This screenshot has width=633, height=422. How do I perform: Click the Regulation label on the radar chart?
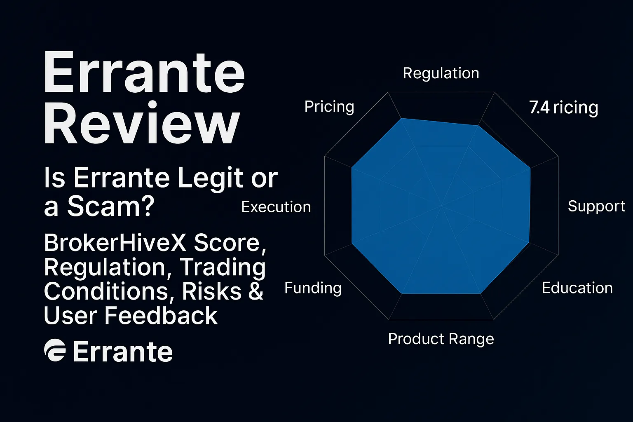pyautogui.click(x=441, y=73)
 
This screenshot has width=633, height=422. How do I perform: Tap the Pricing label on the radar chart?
pyautogui.click(x=329, y=107)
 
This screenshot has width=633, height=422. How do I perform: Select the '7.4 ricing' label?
pyautogui.click(x=563, y=108)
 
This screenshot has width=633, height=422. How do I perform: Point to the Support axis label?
pyautogui.click(x=596, y=206)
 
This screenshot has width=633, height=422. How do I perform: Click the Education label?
pyautogui.click(x=577, y=288)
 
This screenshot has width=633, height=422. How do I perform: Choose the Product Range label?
pyautogui.click(x=441, y=339)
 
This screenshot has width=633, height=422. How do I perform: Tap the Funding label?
pyautogui.click(x=313, y=288)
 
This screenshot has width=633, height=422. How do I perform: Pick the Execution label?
pyautogui.click(x=276, y=207)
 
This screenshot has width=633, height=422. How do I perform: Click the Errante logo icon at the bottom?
pyautogui.click(x=55, y=351)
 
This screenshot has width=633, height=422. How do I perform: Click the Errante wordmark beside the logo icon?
pyautogui.click(x=122, y=352)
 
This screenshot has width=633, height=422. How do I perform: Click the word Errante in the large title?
pyautogui.click(x=144, y=73)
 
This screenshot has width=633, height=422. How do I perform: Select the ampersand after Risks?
pyautogui.click(x=256, y=291)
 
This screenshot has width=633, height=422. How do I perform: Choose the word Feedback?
pyautogui.click(x=161, y=316)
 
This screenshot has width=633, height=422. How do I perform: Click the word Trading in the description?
pyautogui.click(x=223, y=267)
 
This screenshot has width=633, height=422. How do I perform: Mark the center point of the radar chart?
pyautogui.click(x=441, y=205)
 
